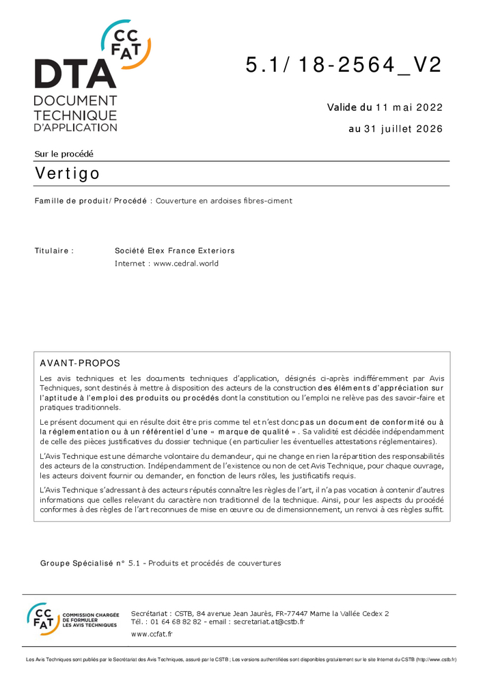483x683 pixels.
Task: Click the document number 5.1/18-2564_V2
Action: coord(344,65)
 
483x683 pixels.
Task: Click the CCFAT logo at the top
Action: coord(126,43)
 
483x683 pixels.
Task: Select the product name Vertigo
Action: coord(67,173)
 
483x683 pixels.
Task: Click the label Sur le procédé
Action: coord(64,154)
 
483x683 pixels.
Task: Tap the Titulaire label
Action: coord(54,251)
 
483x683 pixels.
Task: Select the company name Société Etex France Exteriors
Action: coord(175,251)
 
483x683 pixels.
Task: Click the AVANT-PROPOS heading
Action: coord(80,363)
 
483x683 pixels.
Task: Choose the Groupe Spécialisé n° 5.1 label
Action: coord(92,563)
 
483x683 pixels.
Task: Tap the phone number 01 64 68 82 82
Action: coord(176,622)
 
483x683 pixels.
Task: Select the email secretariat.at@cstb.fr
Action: coord(268,622)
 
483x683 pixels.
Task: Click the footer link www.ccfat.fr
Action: coord(152,635)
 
